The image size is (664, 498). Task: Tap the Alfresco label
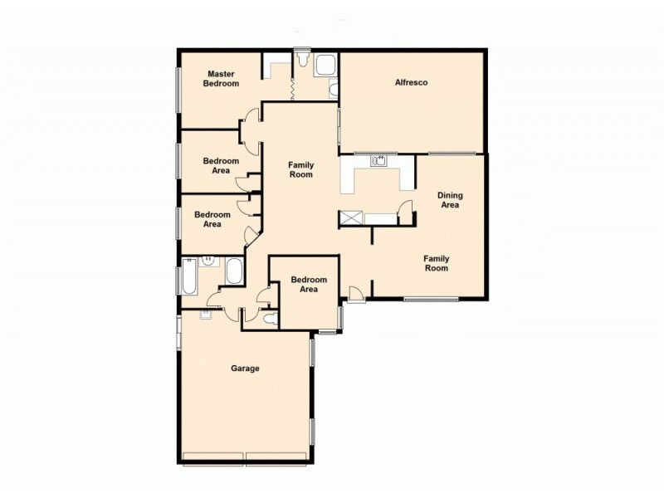pyautogui.click(x=411, y=82)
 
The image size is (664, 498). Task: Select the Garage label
pyautogui.click(x=246, y=369)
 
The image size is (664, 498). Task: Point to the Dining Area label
pyautogui.click(x=449, y=200)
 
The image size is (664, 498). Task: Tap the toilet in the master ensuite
pyautogui.click(x=305, y=61)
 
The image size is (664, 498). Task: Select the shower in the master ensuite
pyautogui.click(x=325, y=64)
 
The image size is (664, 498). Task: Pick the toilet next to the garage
pyautogui.click(x=269, y=318)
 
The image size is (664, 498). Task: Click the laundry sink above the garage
pyautogui.click(x=206, y=315)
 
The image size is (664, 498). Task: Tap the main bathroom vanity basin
pyautogui.click(x=208, y=261)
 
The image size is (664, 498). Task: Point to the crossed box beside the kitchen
pyautogui.click(x=350, y=218)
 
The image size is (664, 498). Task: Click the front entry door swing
pyautogui.click(x=354, y=293)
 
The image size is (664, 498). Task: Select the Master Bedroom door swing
pyautogui.click(x=248, y=127)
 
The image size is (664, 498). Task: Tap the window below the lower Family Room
pyautogui.click(x=431, y=299)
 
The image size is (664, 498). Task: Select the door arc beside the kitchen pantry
pyautogui.click(x=405, y=212)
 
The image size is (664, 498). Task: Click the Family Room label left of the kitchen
pyautogui.click(x=300, y=170)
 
